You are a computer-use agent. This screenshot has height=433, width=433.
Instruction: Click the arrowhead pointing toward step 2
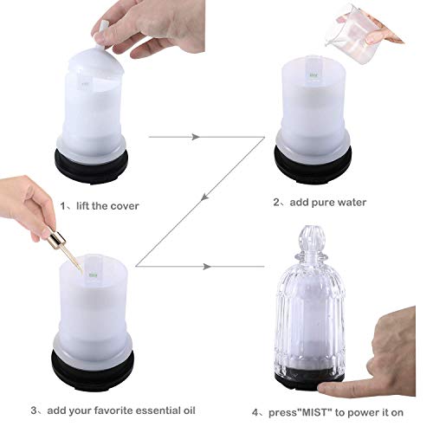pos(197,136)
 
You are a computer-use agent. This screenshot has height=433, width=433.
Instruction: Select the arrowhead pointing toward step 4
pos(208,268)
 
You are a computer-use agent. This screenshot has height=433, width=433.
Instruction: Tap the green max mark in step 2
pos(313,77)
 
